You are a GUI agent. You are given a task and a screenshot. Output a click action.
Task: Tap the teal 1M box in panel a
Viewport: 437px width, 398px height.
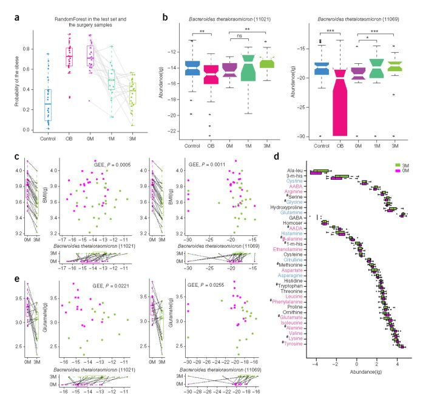[112, 78]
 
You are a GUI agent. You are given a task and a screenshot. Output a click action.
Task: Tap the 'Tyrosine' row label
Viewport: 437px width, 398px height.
[295, 344]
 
